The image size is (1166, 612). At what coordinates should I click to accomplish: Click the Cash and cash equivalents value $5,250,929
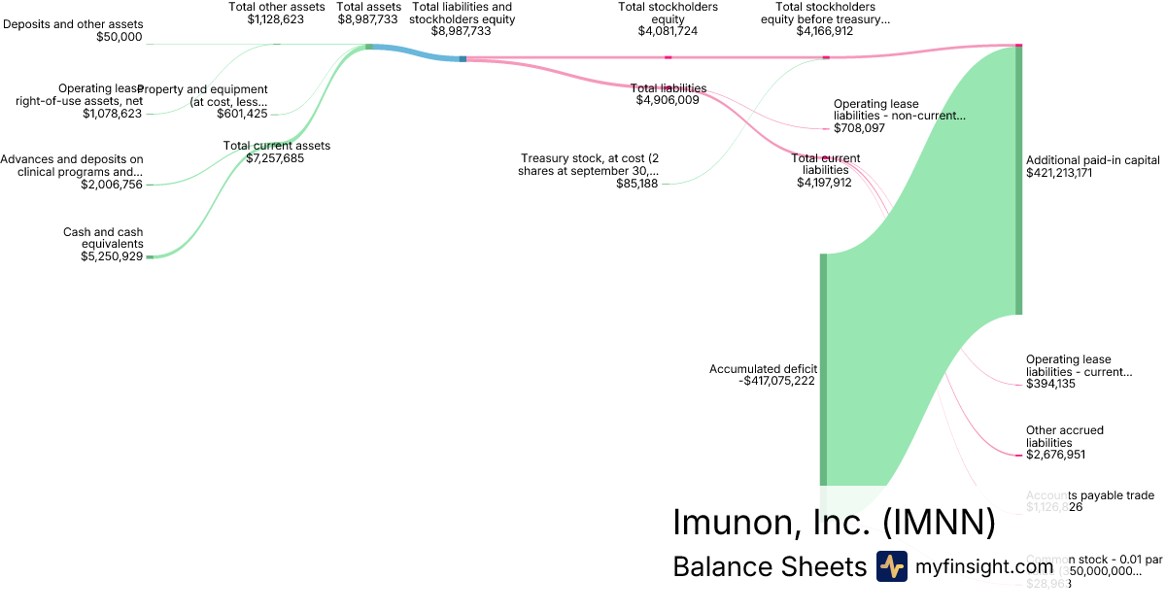(112, 256)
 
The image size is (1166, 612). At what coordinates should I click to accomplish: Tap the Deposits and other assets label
(73, 23)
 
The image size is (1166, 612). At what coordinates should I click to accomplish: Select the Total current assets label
(277, 146)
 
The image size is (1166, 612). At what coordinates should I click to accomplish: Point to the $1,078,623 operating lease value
(112, 114)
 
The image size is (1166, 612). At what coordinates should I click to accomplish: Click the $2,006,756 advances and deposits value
(112, 185)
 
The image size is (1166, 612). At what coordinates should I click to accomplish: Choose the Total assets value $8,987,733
(368, 18)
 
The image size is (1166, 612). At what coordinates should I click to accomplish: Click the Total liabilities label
(669, 88)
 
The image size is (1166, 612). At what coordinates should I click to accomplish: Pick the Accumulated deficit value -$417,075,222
(776, 381)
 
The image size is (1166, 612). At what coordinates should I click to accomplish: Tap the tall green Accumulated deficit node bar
(823, 369)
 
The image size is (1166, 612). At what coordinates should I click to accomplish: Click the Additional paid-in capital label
(1092, 160)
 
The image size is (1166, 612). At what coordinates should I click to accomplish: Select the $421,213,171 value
(1073, 173)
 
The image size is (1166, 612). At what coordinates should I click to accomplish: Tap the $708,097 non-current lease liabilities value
(859, 128)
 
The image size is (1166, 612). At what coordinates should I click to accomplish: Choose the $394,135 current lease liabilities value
(1050, 384)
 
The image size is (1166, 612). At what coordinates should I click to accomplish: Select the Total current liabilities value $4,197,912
(820, 182)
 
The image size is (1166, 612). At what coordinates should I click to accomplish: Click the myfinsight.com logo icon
(891, 566)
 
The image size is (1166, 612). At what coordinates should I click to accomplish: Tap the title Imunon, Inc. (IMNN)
(834, 523)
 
